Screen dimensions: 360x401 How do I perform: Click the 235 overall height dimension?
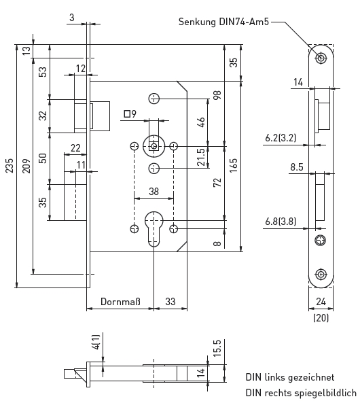click(x=10, y=166)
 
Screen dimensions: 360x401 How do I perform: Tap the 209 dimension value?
click(x=26, y=166)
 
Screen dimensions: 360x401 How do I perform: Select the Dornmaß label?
click(x=120, y=302)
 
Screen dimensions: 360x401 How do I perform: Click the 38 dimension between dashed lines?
click(x=154, y=192)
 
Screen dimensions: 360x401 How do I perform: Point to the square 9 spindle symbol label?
click(x=130, y=114)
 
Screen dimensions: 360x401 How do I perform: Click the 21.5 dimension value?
click(x=201, y=157)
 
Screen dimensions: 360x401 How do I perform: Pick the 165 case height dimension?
click(x=234, y=165)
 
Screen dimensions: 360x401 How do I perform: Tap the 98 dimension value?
click(x=217, y=95)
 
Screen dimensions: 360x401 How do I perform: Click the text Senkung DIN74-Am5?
click(x=223, y=22)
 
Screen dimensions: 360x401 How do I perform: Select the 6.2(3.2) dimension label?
click(x=281, y=138)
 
